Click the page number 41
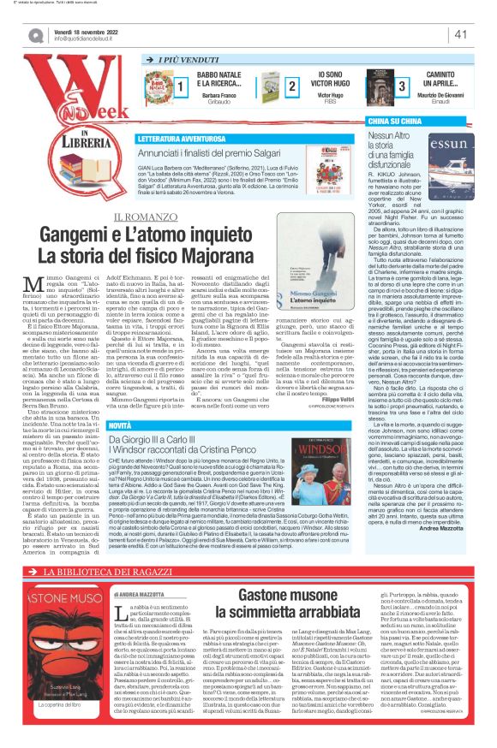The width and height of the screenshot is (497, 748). [x=460, y=34]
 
